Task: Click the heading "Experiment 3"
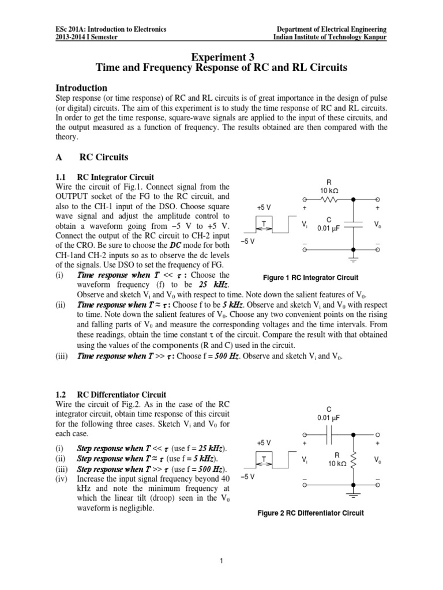[x=221, y=56]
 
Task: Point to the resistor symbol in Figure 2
[x=355, y=460]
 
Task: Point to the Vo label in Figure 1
[x=377, y=224]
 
